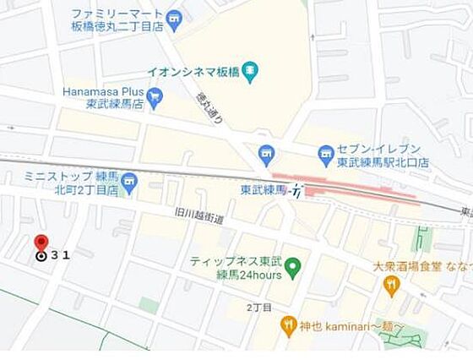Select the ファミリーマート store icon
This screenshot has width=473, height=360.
coord(174,17)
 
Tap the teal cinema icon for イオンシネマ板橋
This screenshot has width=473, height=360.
coord(249,75)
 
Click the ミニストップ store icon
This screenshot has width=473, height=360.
coord(129,181)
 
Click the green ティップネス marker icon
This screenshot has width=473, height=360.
coord(293,270)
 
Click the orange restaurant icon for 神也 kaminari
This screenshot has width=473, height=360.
coord(289,325)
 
